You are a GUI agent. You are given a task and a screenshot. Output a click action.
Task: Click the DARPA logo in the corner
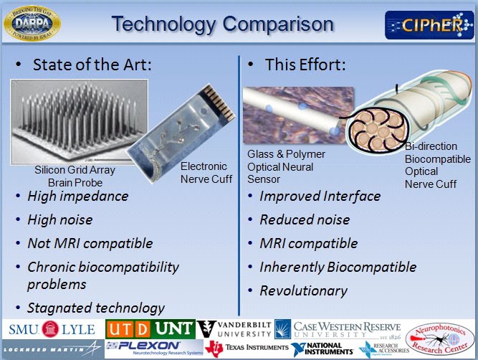pos(32,22)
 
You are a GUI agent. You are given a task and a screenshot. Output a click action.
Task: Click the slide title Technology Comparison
pos(222,24)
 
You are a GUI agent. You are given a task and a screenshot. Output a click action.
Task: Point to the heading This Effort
pos(306,65)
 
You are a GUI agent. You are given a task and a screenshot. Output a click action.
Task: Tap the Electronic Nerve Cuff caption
pos(205,172)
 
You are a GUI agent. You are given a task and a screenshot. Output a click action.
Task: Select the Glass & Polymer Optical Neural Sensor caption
pos(286,166)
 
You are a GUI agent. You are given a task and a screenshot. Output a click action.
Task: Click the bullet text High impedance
pos(77,196)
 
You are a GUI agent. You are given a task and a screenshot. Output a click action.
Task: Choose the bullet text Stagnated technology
pos(95,308)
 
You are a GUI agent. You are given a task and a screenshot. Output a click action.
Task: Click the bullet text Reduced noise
pos(305,219)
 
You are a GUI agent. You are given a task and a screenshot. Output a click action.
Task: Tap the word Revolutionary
pos(303,290)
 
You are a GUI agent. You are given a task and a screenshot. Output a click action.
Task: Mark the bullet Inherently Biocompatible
pos(338,267)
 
